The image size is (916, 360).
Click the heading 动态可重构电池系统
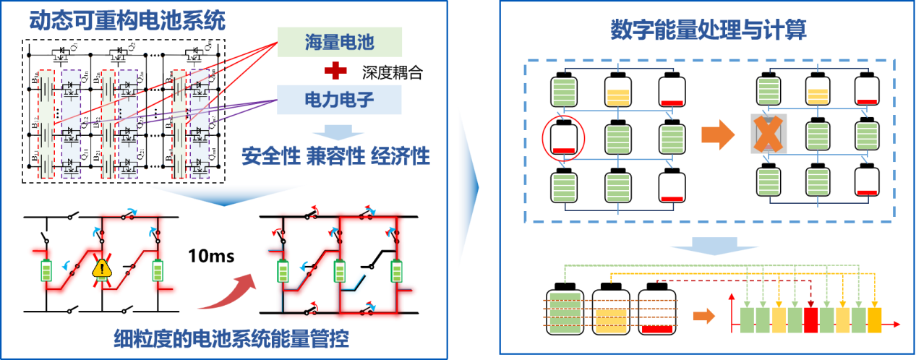(127, 20)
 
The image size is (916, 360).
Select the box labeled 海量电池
(339, 43)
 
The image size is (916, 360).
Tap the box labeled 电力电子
(339, 98)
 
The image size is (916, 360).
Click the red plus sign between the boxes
(335, 71)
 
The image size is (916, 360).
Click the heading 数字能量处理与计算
(708, 30)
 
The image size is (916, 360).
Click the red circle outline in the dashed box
(563, 135)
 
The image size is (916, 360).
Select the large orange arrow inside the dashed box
(718, 135)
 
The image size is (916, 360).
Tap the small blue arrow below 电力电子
(338, 130)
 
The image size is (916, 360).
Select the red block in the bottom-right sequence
(810, 320)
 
